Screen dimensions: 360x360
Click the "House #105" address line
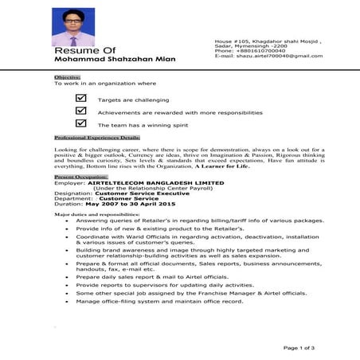pyautogui.click(x=258, y=39)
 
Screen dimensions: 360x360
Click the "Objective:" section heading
pyautogui.click(x=66, y=76)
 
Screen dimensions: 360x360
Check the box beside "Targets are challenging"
pyautogui.click(x=80, y=99)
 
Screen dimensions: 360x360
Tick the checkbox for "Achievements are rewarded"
pyautogui.click(x=80, y=112)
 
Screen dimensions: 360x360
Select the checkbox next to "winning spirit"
pyautogui.click(x=80, y=123)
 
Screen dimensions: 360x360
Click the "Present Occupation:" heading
pyautogui.click(x=80, y=176)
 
